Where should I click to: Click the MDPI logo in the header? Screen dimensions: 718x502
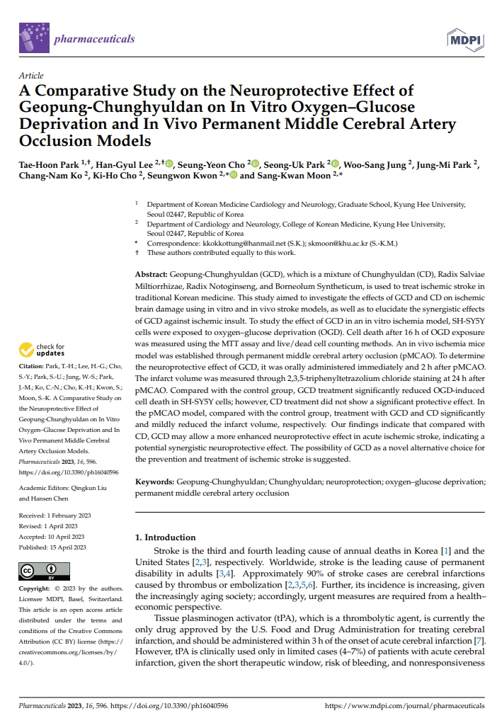[464, 39]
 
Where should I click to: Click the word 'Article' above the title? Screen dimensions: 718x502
[31, 76]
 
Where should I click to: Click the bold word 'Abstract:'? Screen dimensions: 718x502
[151, 273]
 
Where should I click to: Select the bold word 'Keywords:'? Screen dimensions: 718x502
[154, 481]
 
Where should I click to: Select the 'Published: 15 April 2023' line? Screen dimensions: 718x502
[53, 547]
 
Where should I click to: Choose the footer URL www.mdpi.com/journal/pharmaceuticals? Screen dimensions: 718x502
[404, 706]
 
